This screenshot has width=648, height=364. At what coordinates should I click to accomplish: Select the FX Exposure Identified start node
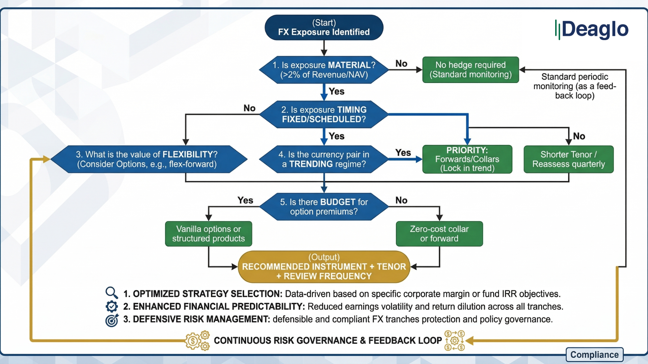pos(324,28)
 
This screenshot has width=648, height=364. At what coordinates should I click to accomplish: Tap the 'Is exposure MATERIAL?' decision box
pos(324,70)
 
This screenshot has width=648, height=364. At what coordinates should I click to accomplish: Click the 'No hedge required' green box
pos(470,70)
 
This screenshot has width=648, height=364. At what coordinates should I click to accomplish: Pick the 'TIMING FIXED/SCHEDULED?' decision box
pos(324,115)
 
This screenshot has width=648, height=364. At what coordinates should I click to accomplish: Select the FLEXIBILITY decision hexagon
pos(148,159)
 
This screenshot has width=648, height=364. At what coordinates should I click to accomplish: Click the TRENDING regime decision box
pos(324,159)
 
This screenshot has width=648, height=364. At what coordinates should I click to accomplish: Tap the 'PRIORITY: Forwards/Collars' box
pos(467,159)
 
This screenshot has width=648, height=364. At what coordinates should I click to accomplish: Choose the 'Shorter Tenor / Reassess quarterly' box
pos(568,159)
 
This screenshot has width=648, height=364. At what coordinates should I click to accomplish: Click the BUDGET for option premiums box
pos(324,207)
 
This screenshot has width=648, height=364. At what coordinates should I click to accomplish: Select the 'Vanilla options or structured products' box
pos(208,234)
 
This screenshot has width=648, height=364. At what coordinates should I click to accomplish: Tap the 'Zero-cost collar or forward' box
pos(439,234)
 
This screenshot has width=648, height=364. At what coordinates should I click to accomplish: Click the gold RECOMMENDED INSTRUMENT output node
pos(324,267)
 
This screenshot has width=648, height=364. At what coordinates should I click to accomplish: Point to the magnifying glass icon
pos(111,293)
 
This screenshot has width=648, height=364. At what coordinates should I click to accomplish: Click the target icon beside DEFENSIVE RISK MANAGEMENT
pos(112,320)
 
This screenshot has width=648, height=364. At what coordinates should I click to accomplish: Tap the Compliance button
pos(594,355)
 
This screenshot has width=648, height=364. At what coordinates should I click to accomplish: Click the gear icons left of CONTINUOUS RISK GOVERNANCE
pos(197,341)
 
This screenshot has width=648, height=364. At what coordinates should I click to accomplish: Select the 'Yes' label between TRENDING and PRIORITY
pos(403,153)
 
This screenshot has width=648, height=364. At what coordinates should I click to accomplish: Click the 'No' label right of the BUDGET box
pos(401,200)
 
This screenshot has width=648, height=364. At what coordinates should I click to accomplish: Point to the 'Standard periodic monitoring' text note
pos(574,86)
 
